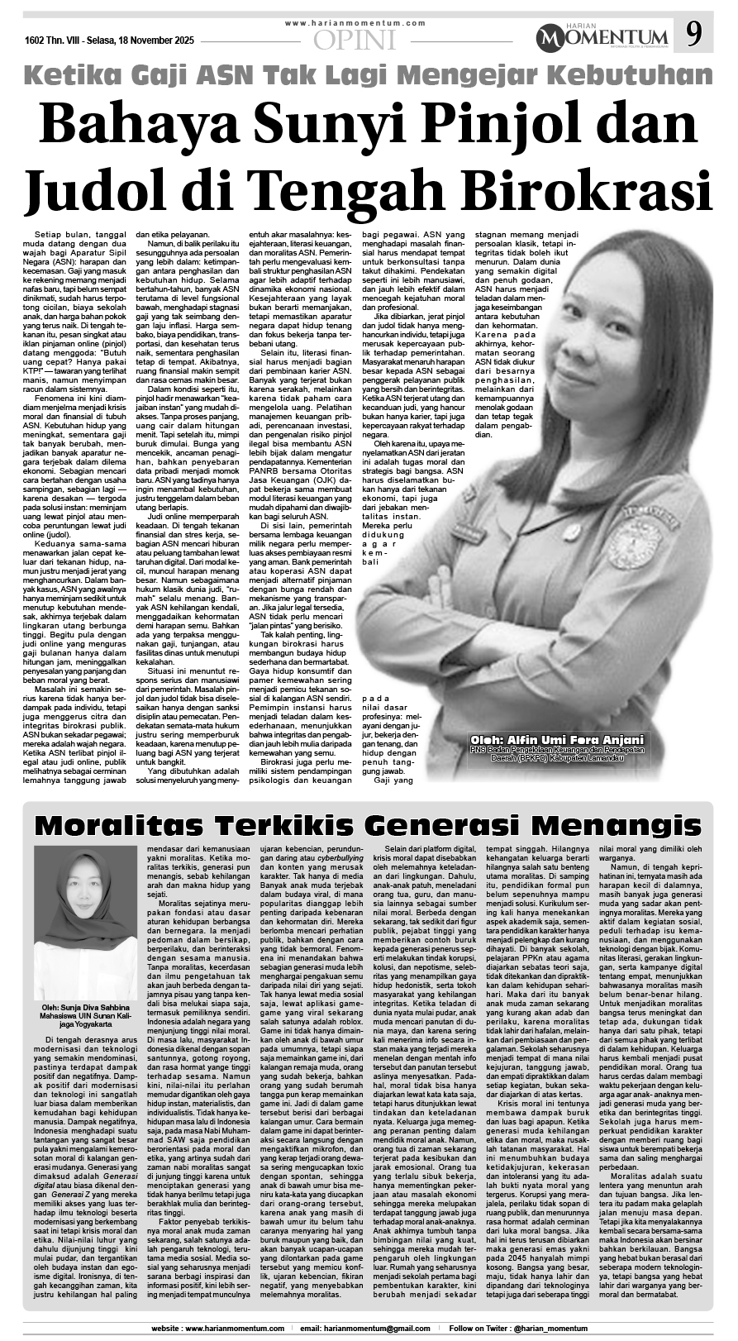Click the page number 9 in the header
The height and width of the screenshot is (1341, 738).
point(695,35)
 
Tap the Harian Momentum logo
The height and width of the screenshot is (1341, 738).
point(602,36)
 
